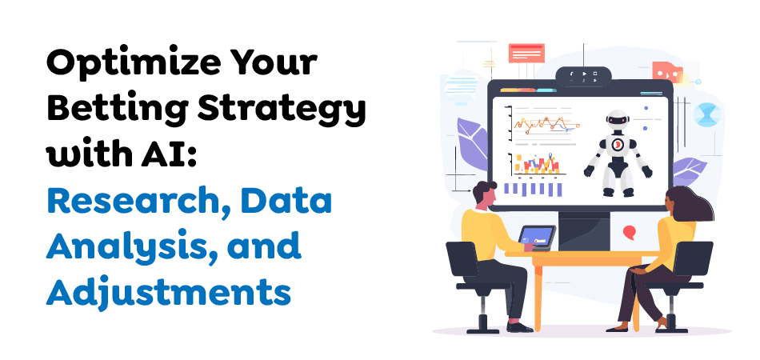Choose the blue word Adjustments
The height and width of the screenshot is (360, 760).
(x=168, y=292)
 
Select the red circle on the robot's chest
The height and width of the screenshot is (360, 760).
(x=617, y=145)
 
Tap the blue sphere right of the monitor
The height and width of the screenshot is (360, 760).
(x=706, y=113)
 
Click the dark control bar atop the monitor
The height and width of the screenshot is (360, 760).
(x=583, y=75)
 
